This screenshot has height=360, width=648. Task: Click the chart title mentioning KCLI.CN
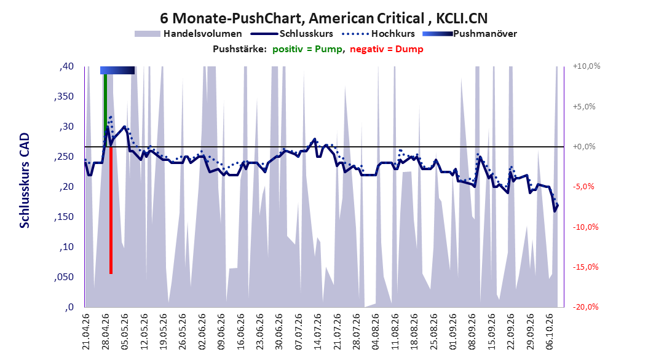pos(323,18)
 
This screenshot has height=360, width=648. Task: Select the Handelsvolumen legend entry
pos(188,34)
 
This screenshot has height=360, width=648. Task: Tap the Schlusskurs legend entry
pos(292,34)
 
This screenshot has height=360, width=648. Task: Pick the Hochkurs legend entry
pos(379,34)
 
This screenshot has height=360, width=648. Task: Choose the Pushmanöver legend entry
pos(470,34)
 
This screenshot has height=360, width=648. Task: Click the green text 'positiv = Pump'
pos(307,49)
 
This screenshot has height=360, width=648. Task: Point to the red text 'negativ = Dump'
pos(387,49)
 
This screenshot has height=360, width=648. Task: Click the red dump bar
pos(111,210)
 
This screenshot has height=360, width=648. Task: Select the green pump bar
pos(105,110)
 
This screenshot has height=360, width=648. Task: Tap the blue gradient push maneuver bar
pos(117,70)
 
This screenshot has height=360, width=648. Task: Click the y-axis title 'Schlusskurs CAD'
pos(25,181)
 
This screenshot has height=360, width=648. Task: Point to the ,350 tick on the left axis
pos(64,96)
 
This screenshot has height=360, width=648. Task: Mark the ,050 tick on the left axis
pos(64,277)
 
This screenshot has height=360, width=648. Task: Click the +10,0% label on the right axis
pos(587,66)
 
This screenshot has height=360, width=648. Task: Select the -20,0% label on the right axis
pos(585,307)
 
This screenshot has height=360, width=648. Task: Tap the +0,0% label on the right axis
pos(584,147)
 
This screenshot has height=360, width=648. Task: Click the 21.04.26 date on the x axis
pos(85,332)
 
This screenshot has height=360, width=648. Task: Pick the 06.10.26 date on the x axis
pos(550,332)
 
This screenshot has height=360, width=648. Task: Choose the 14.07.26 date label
pos(317,332)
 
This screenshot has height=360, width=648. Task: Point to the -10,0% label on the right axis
pos(585,227)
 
